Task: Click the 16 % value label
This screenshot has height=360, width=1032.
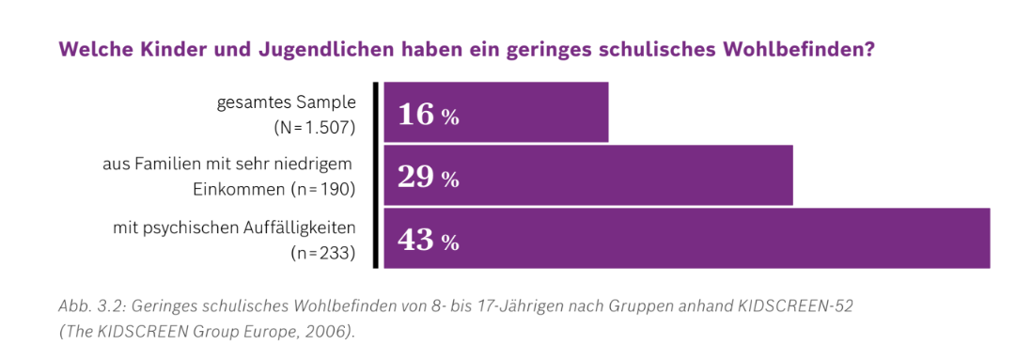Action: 429,117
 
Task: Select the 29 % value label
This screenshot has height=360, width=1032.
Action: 429,179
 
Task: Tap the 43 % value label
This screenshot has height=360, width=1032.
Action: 429,241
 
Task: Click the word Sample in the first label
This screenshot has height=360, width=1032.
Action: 328,102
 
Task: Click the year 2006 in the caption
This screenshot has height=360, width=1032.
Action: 325,332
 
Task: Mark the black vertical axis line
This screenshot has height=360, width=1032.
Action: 376,175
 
